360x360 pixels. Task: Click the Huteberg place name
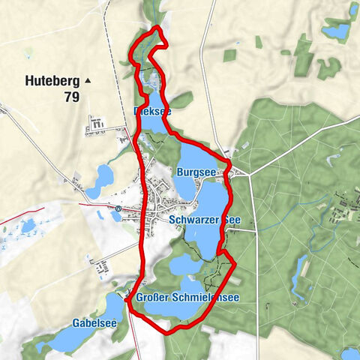click(51, 79)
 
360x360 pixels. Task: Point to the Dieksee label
click(151, 111)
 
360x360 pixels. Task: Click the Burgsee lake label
click(196, 172)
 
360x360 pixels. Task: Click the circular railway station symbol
click(118, 208)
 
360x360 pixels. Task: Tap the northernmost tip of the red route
click(157, 28)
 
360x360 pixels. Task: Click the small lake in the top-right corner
click(335, 31)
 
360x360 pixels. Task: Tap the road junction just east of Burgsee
click(229, 171)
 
